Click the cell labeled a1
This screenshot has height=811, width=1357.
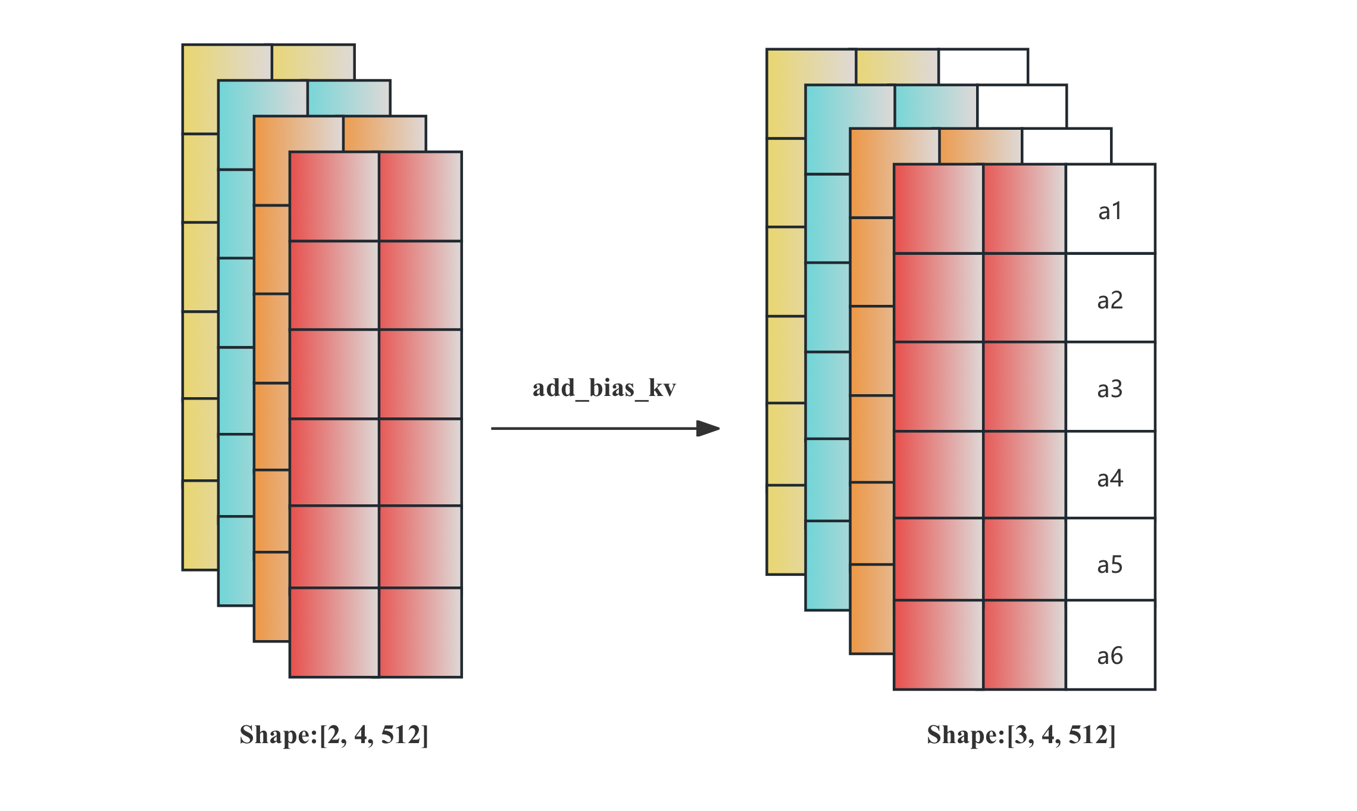click(1111, 210)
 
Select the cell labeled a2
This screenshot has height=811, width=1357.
click(1111, 298)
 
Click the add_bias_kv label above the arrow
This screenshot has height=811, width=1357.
click(604, 388)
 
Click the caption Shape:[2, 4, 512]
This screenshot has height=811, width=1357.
click(334, 735)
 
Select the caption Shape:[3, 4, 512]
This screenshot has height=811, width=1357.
click(1021, 735)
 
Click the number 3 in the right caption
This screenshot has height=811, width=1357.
click(1023, 735)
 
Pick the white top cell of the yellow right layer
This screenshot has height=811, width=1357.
click(983, 66)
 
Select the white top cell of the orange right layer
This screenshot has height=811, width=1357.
click(1067, 145)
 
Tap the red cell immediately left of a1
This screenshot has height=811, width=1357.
click(1024, 208)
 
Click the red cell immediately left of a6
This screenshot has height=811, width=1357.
click(1024, 645)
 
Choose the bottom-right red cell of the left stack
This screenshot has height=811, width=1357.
click(420, 632)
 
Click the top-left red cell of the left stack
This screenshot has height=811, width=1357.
click(334, 196)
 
